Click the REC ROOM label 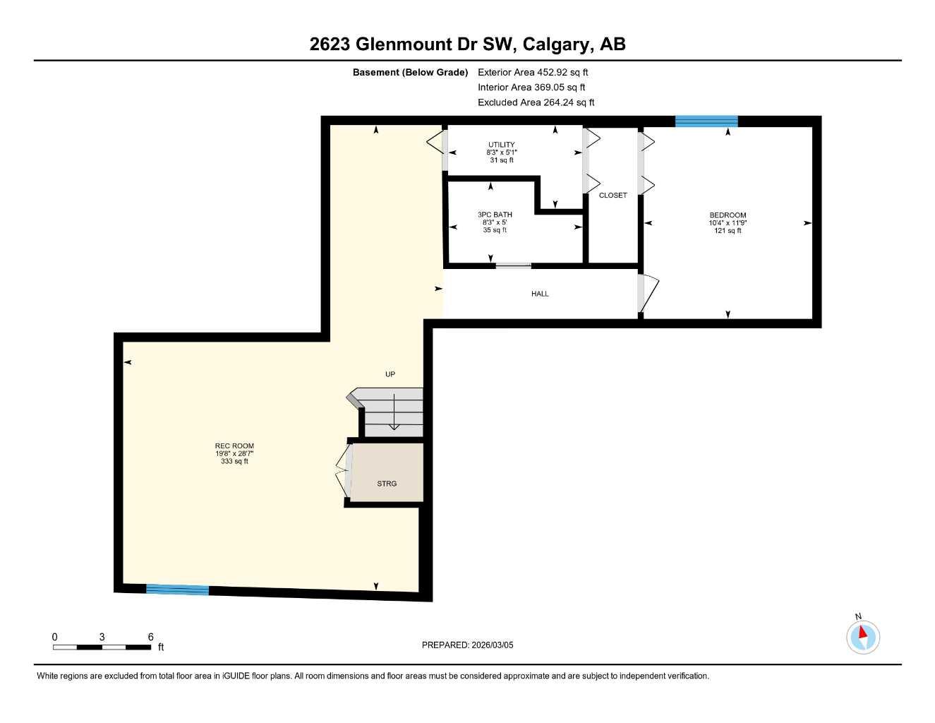234,446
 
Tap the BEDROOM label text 728,215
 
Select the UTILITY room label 502,145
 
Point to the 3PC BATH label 495,215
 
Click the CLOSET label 613,196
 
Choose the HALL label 540,294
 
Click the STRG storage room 387,483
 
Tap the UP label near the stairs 390,374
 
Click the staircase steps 392,413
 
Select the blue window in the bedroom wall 706,121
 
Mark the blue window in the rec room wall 177,590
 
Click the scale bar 102,647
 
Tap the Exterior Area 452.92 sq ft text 533,72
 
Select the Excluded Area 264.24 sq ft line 536,102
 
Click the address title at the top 467,44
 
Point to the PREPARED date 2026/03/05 467,645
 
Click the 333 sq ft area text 234,461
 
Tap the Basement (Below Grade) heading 410,72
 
